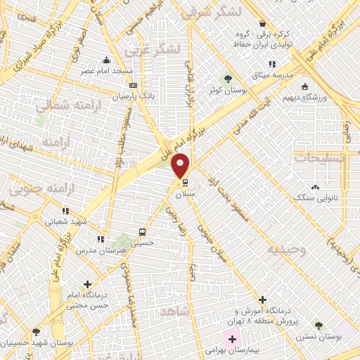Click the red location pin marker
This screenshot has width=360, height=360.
(x=181, y=165)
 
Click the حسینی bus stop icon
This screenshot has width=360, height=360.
(x=143, y=232)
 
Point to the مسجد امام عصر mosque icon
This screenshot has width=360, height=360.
(x=106, y=60)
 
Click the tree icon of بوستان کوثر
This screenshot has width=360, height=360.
(x=228, y=78)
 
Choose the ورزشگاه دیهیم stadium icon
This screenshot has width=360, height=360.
(x=304, y=87)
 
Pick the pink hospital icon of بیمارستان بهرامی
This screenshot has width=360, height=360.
(x=231, y=340)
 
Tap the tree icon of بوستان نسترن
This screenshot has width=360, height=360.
(x=319, y=326)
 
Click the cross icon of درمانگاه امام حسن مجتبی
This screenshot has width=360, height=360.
(x=87, y=285)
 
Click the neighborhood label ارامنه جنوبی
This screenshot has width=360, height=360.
(x=35, y=188)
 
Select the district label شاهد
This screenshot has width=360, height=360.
(x=176, y=310)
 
